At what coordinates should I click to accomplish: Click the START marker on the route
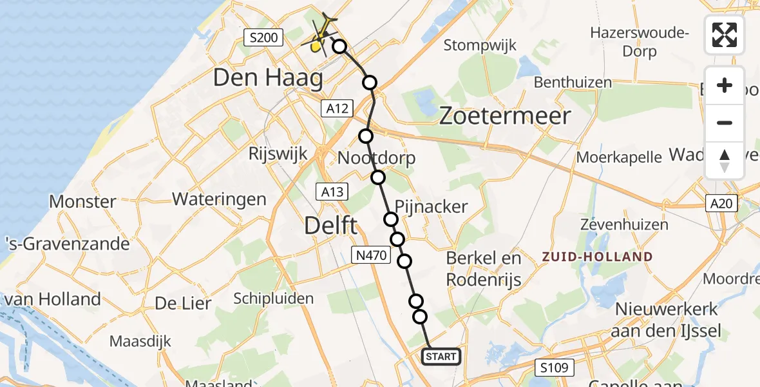click(x=441, y=357)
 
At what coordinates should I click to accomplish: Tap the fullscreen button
click(x=725, y=35)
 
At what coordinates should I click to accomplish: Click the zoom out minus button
click(x=725, y=123)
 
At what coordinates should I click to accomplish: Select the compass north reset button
click(x=725, y=160)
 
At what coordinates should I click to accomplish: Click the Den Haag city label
click(x=267, y=79)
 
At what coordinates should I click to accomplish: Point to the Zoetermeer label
click(x=505, y=116)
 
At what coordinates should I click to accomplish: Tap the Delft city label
click(x=331, y=226)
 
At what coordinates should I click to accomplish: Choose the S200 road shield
click(x=263, y=38)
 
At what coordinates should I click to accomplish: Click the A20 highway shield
click(x=722, y=204)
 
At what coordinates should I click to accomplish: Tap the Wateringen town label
click(x=219, y=198)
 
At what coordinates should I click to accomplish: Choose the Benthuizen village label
click(x=573, y=83)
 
